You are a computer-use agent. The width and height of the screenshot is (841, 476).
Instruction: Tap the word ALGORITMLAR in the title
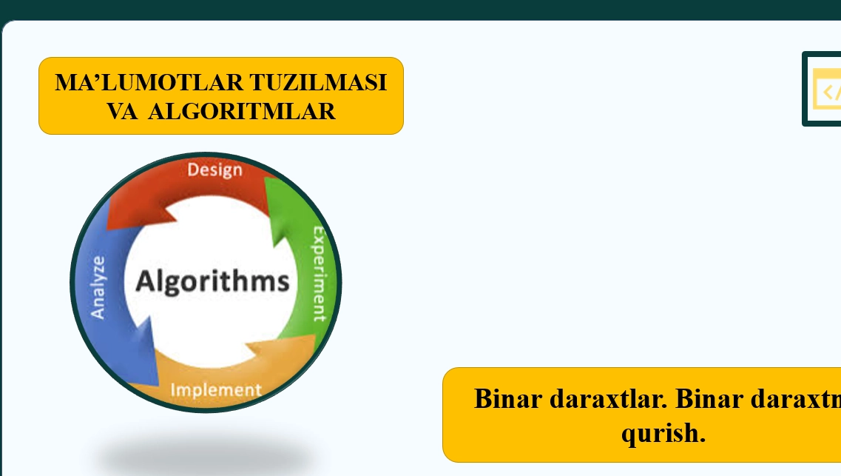(x=242, y=111)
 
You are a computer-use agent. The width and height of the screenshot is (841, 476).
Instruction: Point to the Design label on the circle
(x=215, y=170)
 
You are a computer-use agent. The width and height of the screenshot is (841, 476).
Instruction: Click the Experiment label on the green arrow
(x=319, y=274)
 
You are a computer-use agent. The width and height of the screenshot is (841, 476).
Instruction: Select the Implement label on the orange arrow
(x=215, y=389)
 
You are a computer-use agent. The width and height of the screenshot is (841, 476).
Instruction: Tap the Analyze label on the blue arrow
(x=98, y=286)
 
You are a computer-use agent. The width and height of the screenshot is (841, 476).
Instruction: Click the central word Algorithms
(x=212, y=282)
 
